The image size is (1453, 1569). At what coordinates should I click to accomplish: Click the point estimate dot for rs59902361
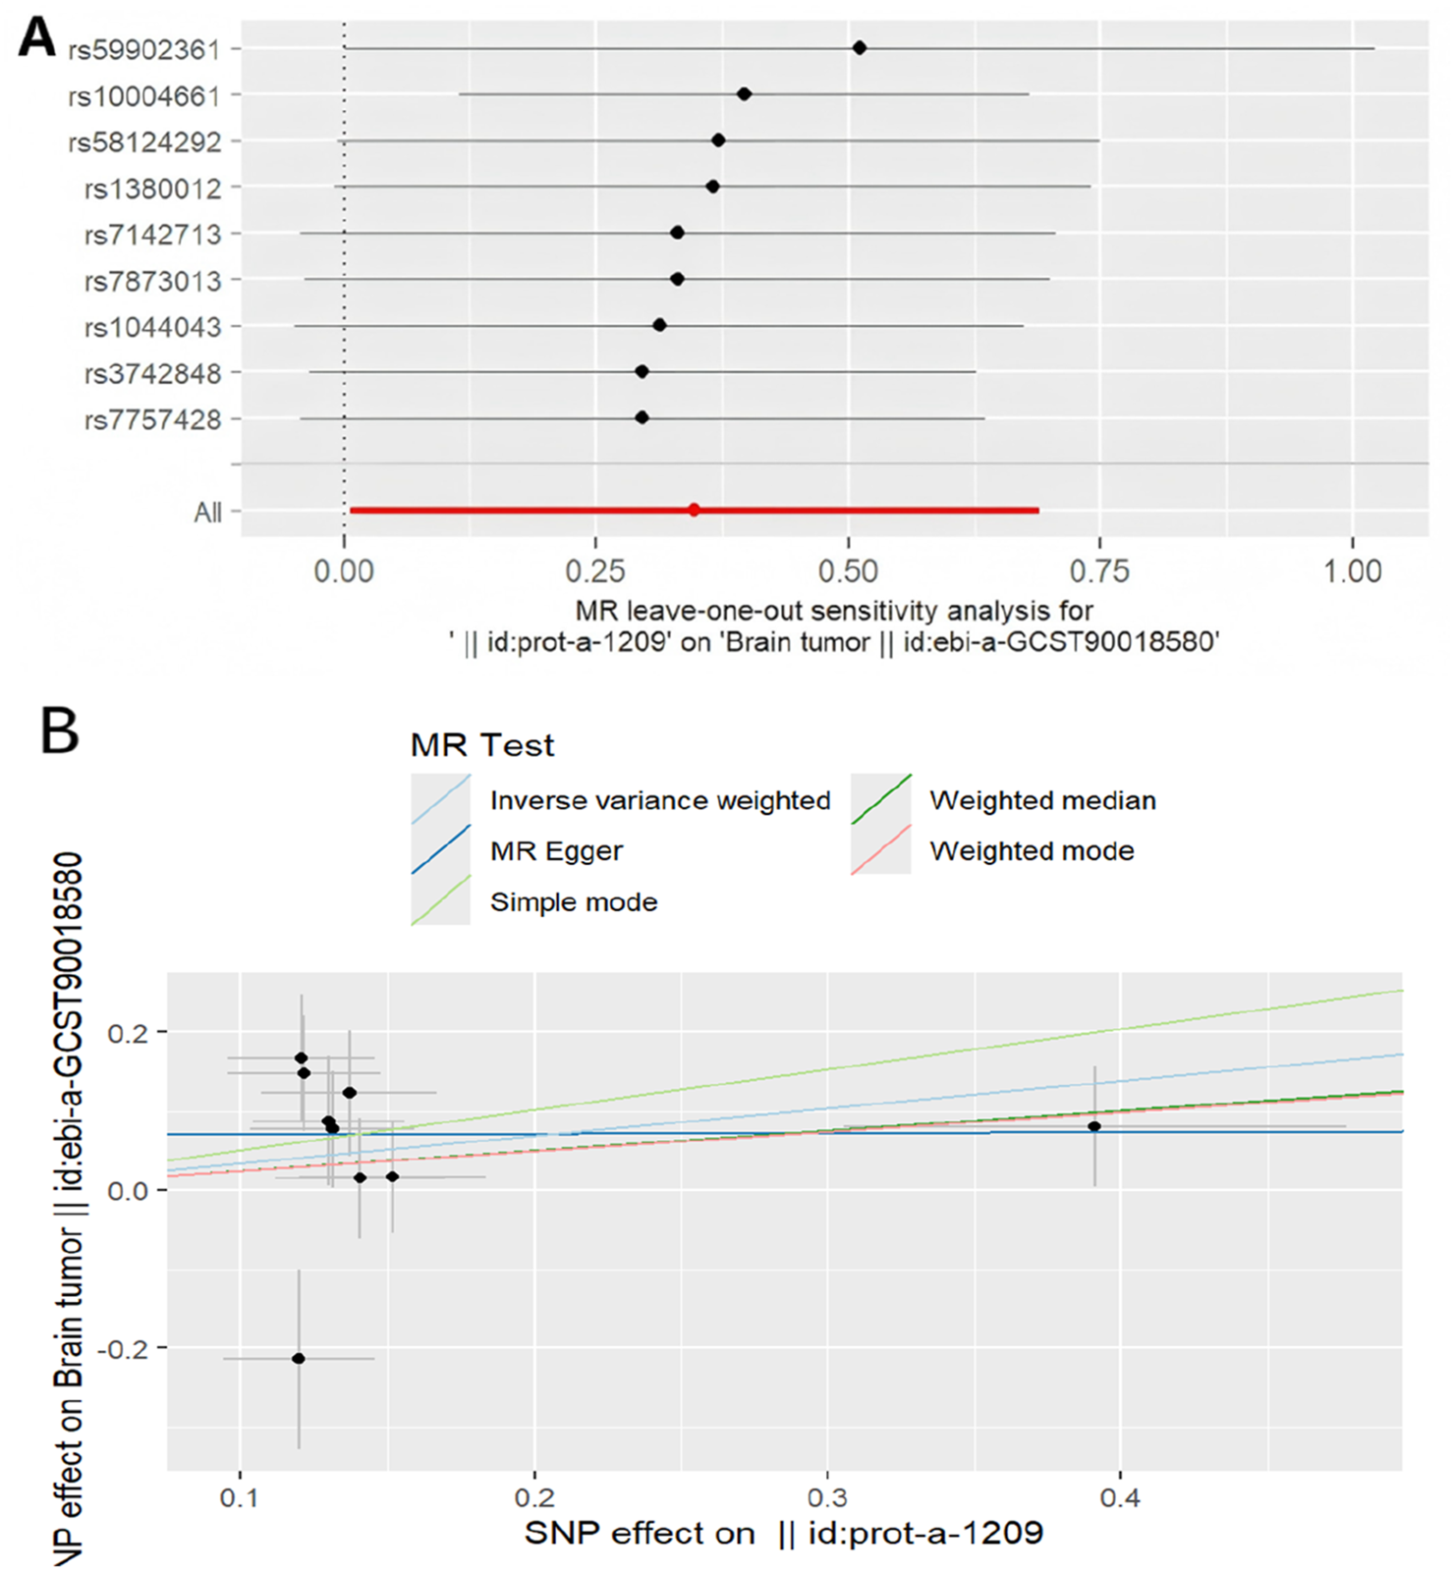[860, 47]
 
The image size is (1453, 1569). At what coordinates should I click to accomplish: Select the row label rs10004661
[144, 96]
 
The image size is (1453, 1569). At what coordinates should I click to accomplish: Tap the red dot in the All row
[694, 510]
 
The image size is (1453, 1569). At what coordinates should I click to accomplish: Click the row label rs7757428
[152, 420]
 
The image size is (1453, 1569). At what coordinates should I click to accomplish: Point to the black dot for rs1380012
[712, 187]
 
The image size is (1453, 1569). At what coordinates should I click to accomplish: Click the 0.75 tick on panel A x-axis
[1100, 570]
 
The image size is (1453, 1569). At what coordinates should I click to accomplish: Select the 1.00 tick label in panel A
[1352, 570]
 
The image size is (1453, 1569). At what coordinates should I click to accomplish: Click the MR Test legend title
[482, 745]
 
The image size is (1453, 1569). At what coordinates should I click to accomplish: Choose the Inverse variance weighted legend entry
[659, 800]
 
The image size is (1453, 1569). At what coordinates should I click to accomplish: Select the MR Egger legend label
[556, 850]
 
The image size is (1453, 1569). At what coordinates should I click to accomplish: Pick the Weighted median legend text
[1042, 800]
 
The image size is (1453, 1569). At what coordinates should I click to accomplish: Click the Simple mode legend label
[574, 901]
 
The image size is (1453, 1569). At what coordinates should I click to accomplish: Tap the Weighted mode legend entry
[1032, 850]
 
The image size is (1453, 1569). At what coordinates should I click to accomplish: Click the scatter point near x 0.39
[1094, 1126]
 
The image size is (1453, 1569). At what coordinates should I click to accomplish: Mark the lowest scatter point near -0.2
[299, 1358]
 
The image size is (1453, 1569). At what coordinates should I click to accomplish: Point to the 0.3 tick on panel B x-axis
[827, 1499]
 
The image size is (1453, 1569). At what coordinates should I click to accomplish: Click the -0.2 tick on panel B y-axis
[123, 1347]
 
